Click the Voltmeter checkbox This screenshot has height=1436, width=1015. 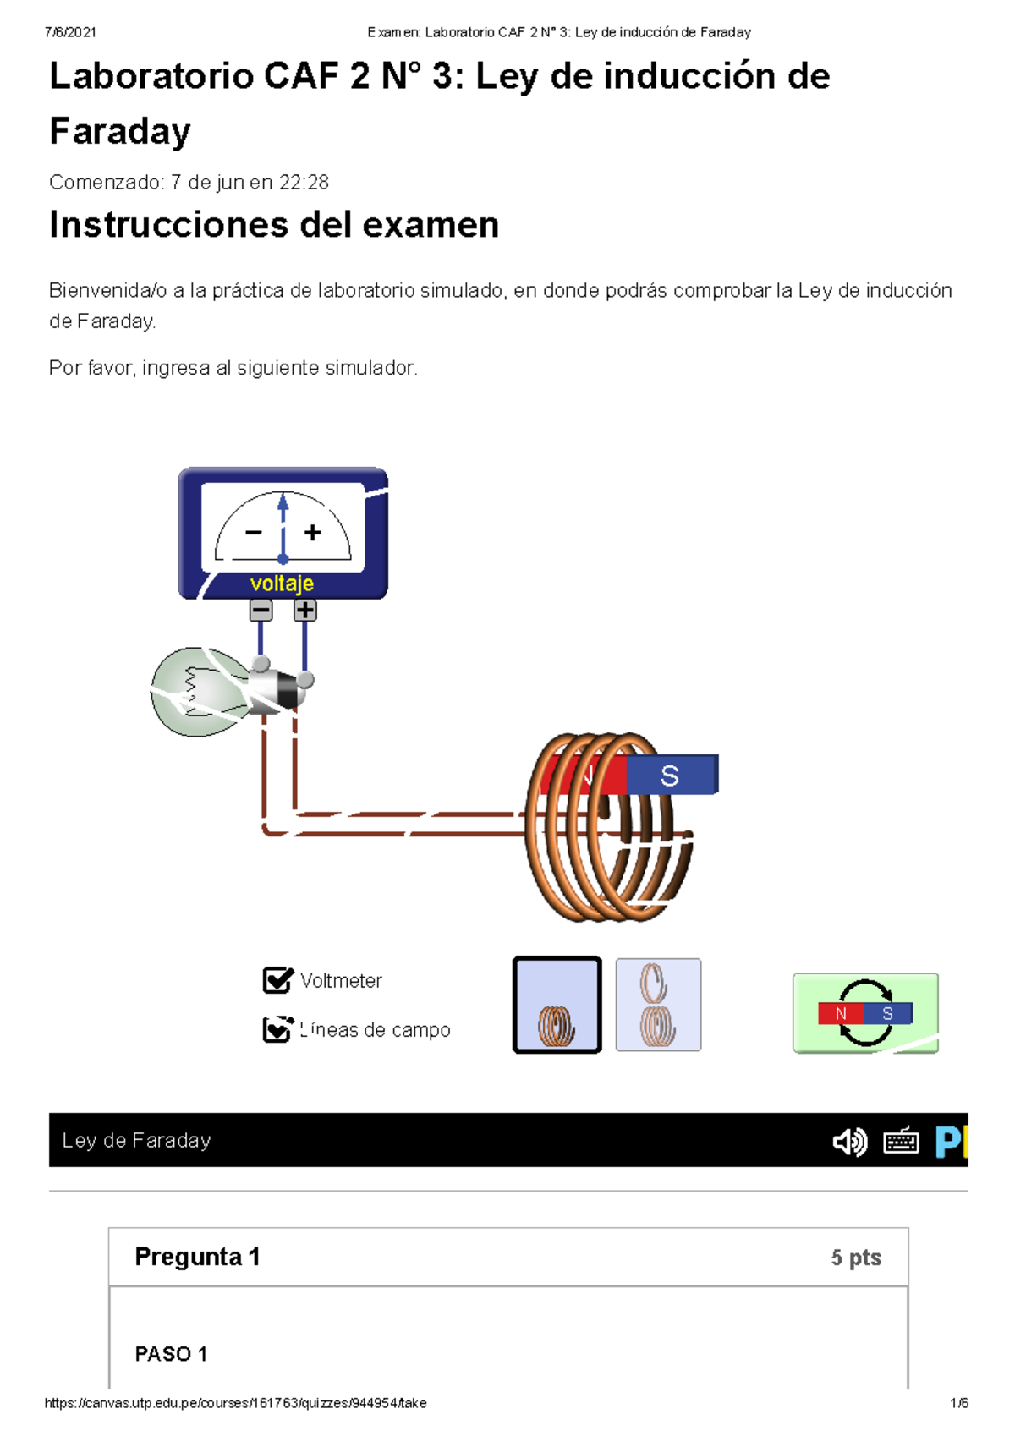click(277, 980)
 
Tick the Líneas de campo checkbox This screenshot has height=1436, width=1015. click(277, 1029)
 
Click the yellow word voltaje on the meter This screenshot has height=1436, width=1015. click(282, 584)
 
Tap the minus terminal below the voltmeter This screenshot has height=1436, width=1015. click(261, 610)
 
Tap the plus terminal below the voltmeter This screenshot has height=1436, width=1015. click(304, 610)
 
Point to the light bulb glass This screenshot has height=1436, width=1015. click(196, 692)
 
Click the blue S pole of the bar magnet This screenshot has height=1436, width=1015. click(672, 775)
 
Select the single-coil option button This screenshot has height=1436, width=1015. click(557, 1005)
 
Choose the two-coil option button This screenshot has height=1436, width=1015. click(658, 1005)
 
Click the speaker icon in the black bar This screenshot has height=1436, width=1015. click(849, 1142)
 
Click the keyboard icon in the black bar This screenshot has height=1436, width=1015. click(901, 1142)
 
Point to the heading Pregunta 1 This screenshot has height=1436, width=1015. click(197, 1257)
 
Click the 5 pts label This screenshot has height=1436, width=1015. click(855, 1258)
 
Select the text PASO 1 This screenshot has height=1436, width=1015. click(171, 1354)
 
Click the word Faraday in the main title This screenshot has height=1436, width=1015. click(120, 132)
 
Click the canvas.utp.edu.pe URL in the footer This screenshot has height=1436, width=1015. click(235, 1403)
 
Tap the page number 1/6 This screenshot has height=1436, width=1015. click(959, 1403)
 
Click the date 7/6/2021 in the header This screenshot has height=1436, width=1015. click(70, 32)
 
